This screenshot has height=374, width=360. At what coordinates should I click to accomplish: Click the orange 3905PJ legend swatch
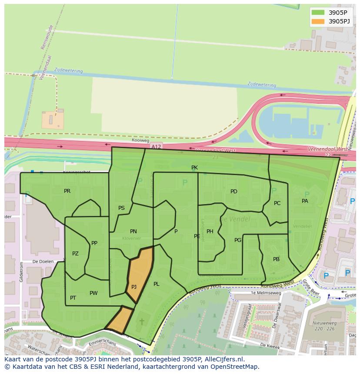pos(318,21)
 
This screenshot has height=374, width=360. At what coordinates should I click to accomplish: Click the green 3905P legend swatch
pos(318,13)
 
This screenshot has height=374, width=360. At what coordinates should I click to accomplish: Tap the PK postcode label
pos(194,168)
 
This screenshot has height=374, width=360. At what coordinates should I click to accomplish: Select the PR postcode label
pos(67,191)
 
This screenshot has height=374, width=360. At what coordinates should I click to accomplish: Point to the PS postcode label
pos(121,208)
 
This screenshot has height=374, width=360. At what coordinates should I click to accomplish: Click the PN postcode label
pos(133,232)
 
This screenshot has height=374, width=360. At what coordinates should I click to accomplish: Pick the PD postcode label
pos(234,192)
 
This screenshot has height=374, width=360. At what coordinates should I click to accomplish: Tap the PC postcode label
pos(277,203)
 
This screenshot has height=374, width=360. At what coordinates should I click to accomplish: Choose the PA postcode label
pos(305,201)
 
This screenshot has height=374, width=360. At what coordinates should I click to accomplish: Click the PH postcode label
pos(210,232)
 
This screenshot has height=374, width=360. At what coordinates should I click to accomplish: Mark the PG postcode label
pos(238,240)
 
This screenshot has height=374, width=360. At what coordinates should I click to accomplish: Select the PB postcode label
pos(276,259)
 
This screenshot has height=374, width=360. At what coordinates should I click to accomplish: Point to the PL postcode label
pos(157,284)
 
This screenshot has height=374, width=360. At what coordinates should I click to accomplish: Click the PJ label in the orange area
pos(134,287)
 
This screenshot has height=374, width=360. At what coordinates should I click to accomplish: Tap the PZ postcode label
pos(75,254)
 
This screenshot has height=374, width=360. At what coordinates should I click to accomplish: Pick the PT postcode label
pos(73,298)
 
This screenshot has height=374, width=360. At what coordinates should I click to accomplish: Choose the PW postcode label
pos(93,293)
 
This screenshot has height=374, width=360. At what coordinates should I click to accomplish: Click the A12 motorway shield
pos(156,147)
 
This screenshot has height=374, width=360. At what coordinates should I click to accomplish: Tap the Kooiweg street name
pos(140,141)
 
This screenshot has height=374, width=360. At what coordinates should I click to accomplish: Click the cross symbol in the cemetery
pos(142,322)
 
